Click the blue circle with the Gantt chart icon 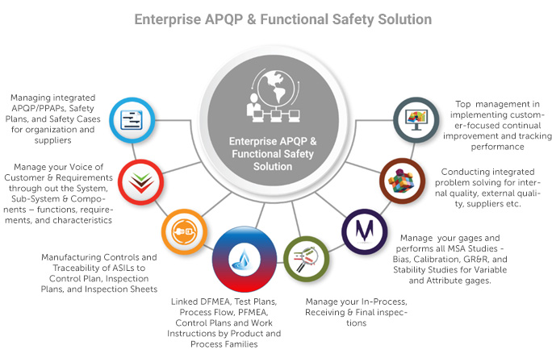(132, 120)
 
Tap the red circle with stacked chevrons (140, 182)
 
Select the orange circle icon (184, 232)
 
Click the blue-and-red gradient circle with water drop (245, 260)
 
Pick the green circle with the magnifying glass (307, 259)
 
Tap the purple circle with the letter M (365, 231)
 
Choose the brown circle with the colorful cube (403, 181)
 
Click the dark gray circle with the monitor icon (416, 120)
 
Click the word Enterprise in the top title (168, 19)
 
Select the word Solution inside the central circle (273, 166)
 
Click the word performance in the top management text (497, 147)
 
